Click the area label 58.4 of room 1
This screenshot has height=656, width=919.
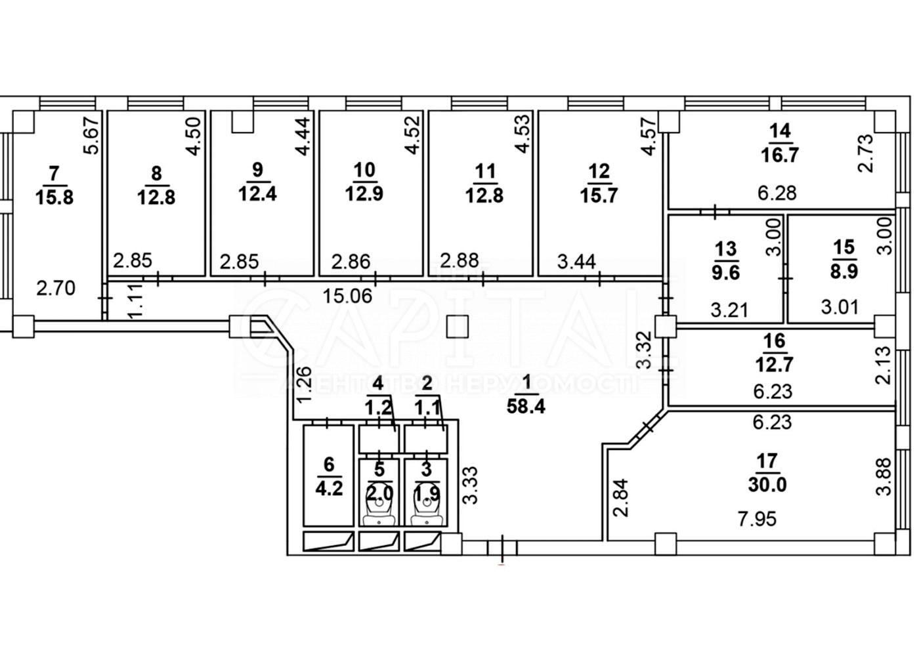click(x=526, y=407)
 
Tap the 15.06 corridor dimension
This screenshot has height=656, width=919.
click(x=348, y=296)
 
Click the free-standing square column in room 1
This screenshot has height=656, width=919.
click(x=457, y=325)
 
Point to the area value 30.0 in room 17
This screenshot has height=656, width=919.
click(x=767, y=485)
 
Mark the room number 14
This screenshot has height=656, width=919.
click(x=780, y=131)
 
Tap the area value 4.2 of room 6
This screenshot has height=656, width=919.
click(x=329, y=489)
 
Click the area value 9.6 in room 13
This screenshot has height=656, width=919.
click(x=727, y=271)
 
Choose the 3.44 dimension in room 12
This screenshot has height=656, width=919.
click(x=576, y=262)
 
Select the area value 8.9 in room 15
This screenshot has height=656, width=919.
click(x=844, y=271)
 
